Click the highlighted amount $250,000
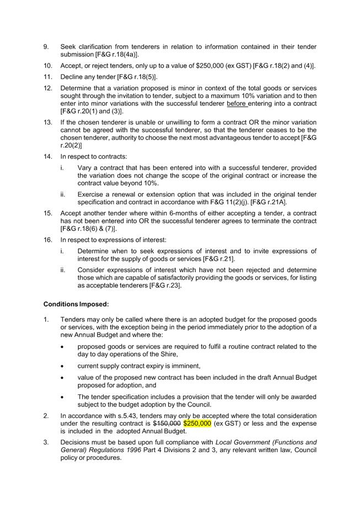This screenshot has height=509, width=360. (x=197, y=424)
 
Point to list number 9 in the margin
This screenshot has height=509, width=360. (x=46, y=47)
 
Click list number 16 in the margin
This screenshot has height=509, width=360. (x=48, y=240)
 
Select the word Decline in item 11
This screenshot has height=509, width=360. (x=74, y=77)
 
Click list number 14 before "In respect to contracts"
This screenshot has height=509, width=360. (x=48, y=157)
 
